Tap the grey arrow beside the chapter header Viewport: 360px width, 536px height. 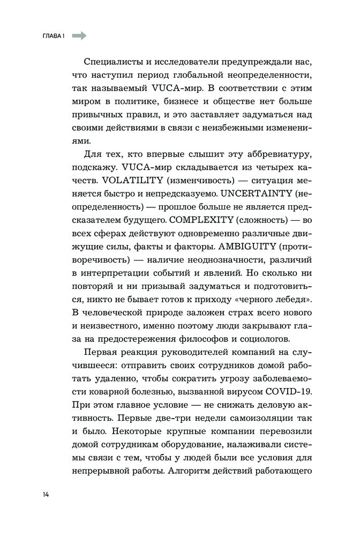[79, 36]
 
